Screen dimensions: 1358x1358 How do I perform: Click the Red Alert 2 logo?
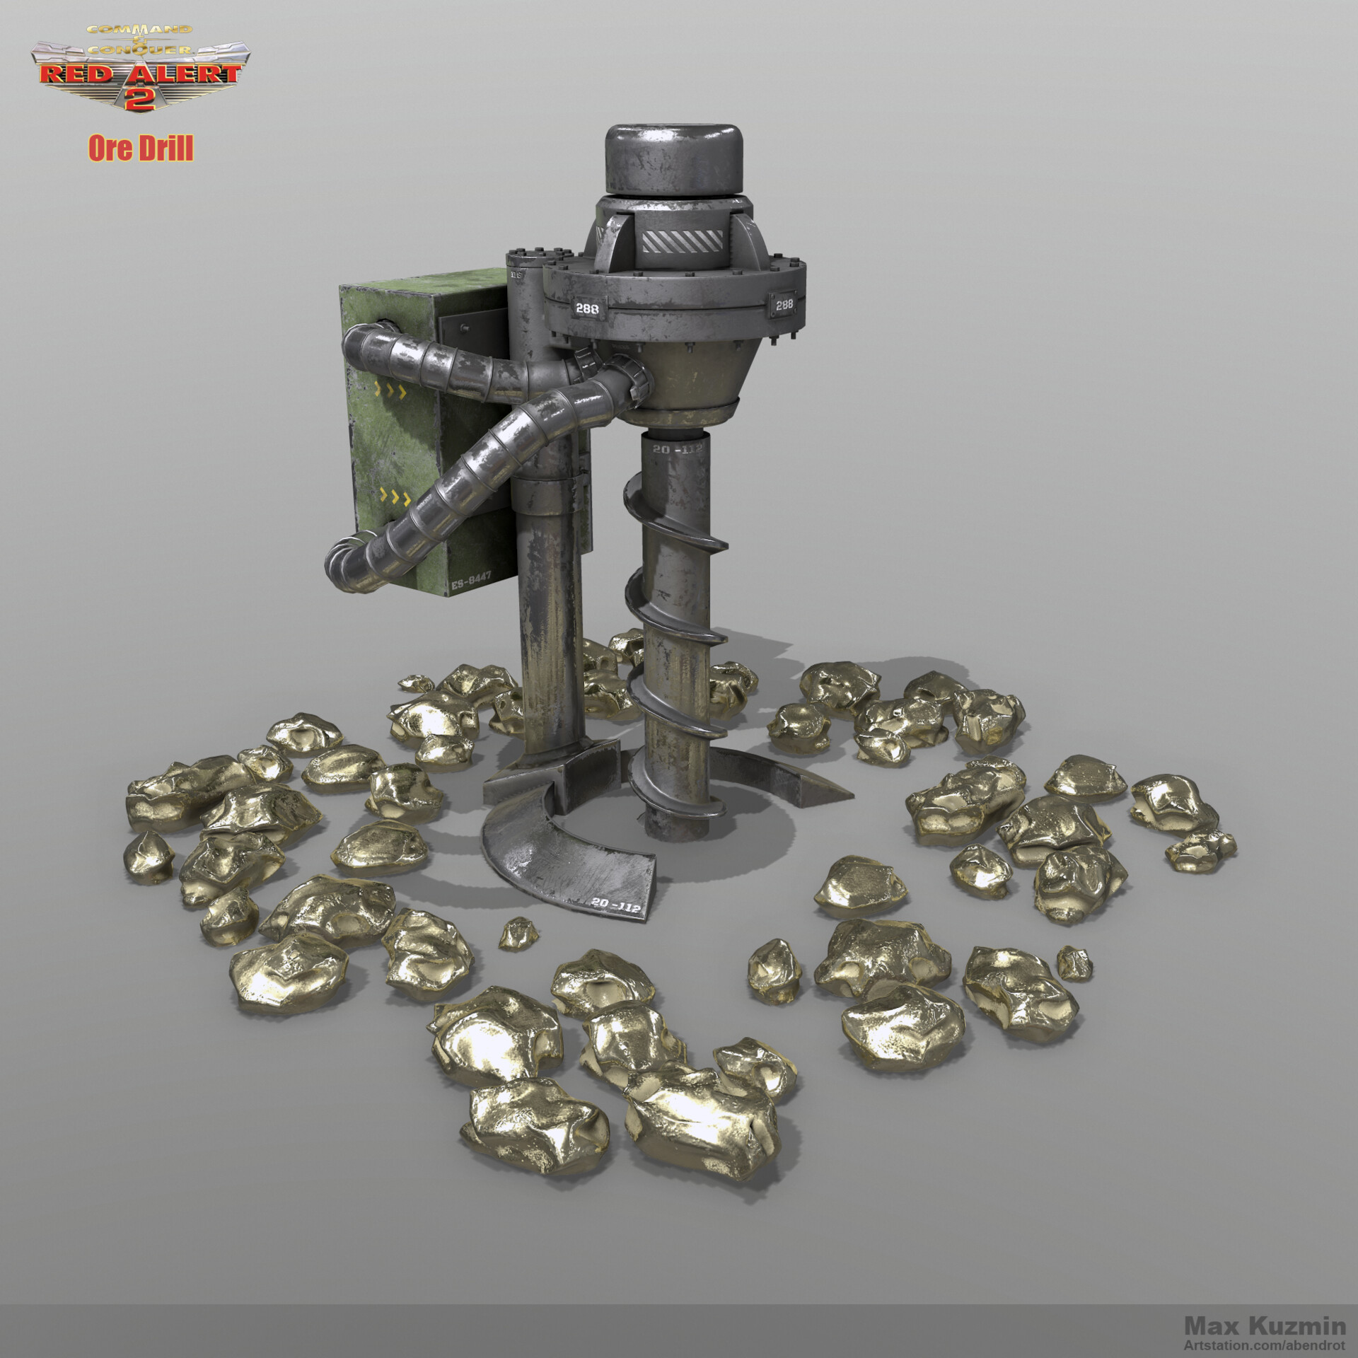[x=138, y=67]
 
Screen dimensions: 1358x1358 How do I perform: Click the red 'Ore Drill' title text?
[x=140, y=149]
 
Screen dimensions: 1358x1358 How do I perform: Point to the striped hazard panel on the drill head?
[x=683, y=242]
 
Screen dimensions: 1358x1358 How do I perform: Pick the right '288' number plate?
[x=784, y=304]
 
